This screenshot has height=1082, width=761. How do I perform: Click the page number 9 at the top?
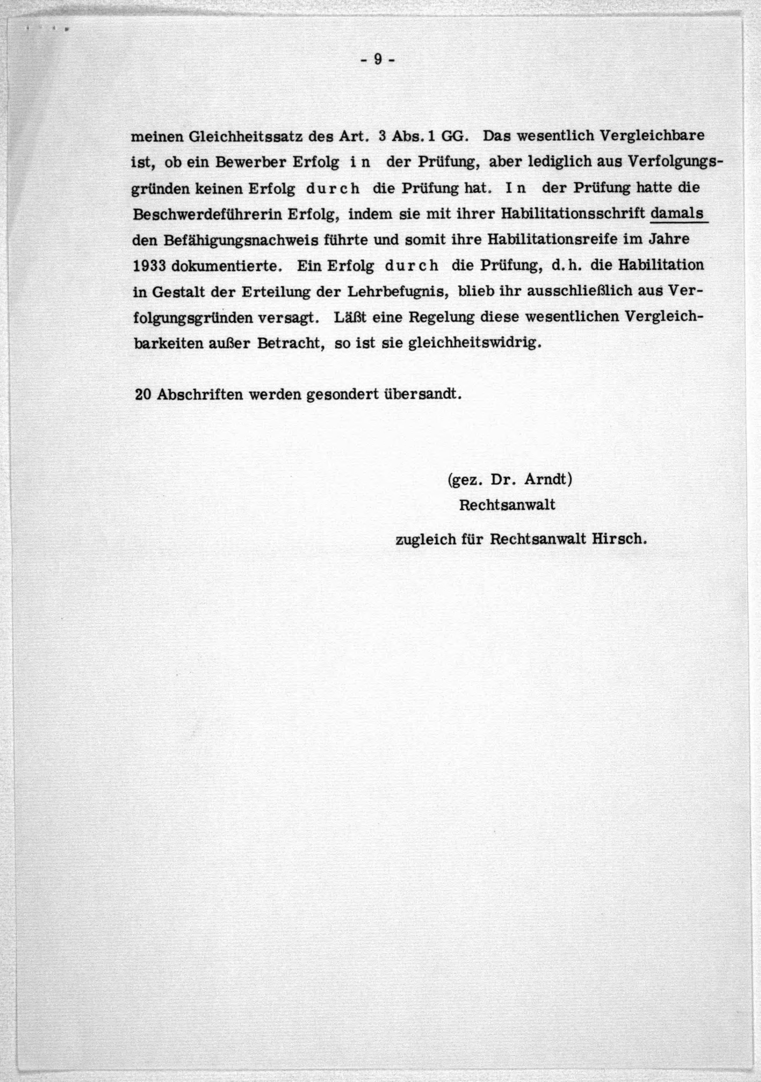[x=377, y=60]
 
